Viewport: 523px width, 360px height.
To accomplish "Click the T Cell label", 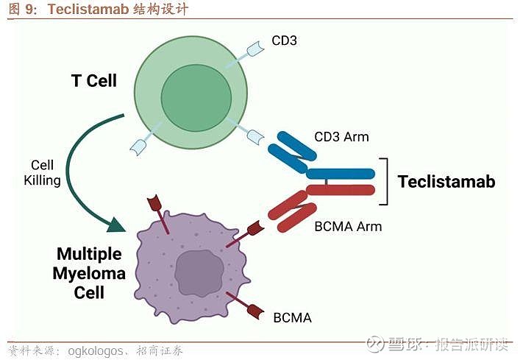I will coord(93,80).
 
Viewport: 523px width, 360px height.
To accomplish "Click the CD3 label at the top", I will coord(284,40).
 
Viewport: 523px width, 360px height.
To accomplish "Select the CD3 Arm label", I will coord(341,137).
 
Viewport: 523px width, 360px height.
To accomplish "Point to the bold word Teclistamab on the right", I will coord(446,181).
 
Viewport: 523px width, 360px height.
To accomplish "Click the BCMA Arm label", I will coord(348,226).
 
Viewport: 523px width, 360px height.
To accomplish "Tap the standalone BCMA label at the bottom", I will coord(292,318).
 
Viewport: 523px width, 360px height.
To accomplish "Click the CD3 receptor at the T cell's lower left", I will coord(139,145).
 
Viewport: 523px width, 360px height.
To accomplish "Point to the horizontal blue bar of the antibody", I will coord(341,174).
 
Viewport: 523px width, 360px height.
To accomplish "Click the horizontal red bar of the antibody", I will coord(341,190).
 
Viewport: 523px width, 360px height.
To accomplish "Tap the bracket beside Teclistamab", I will coord(383,182).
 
